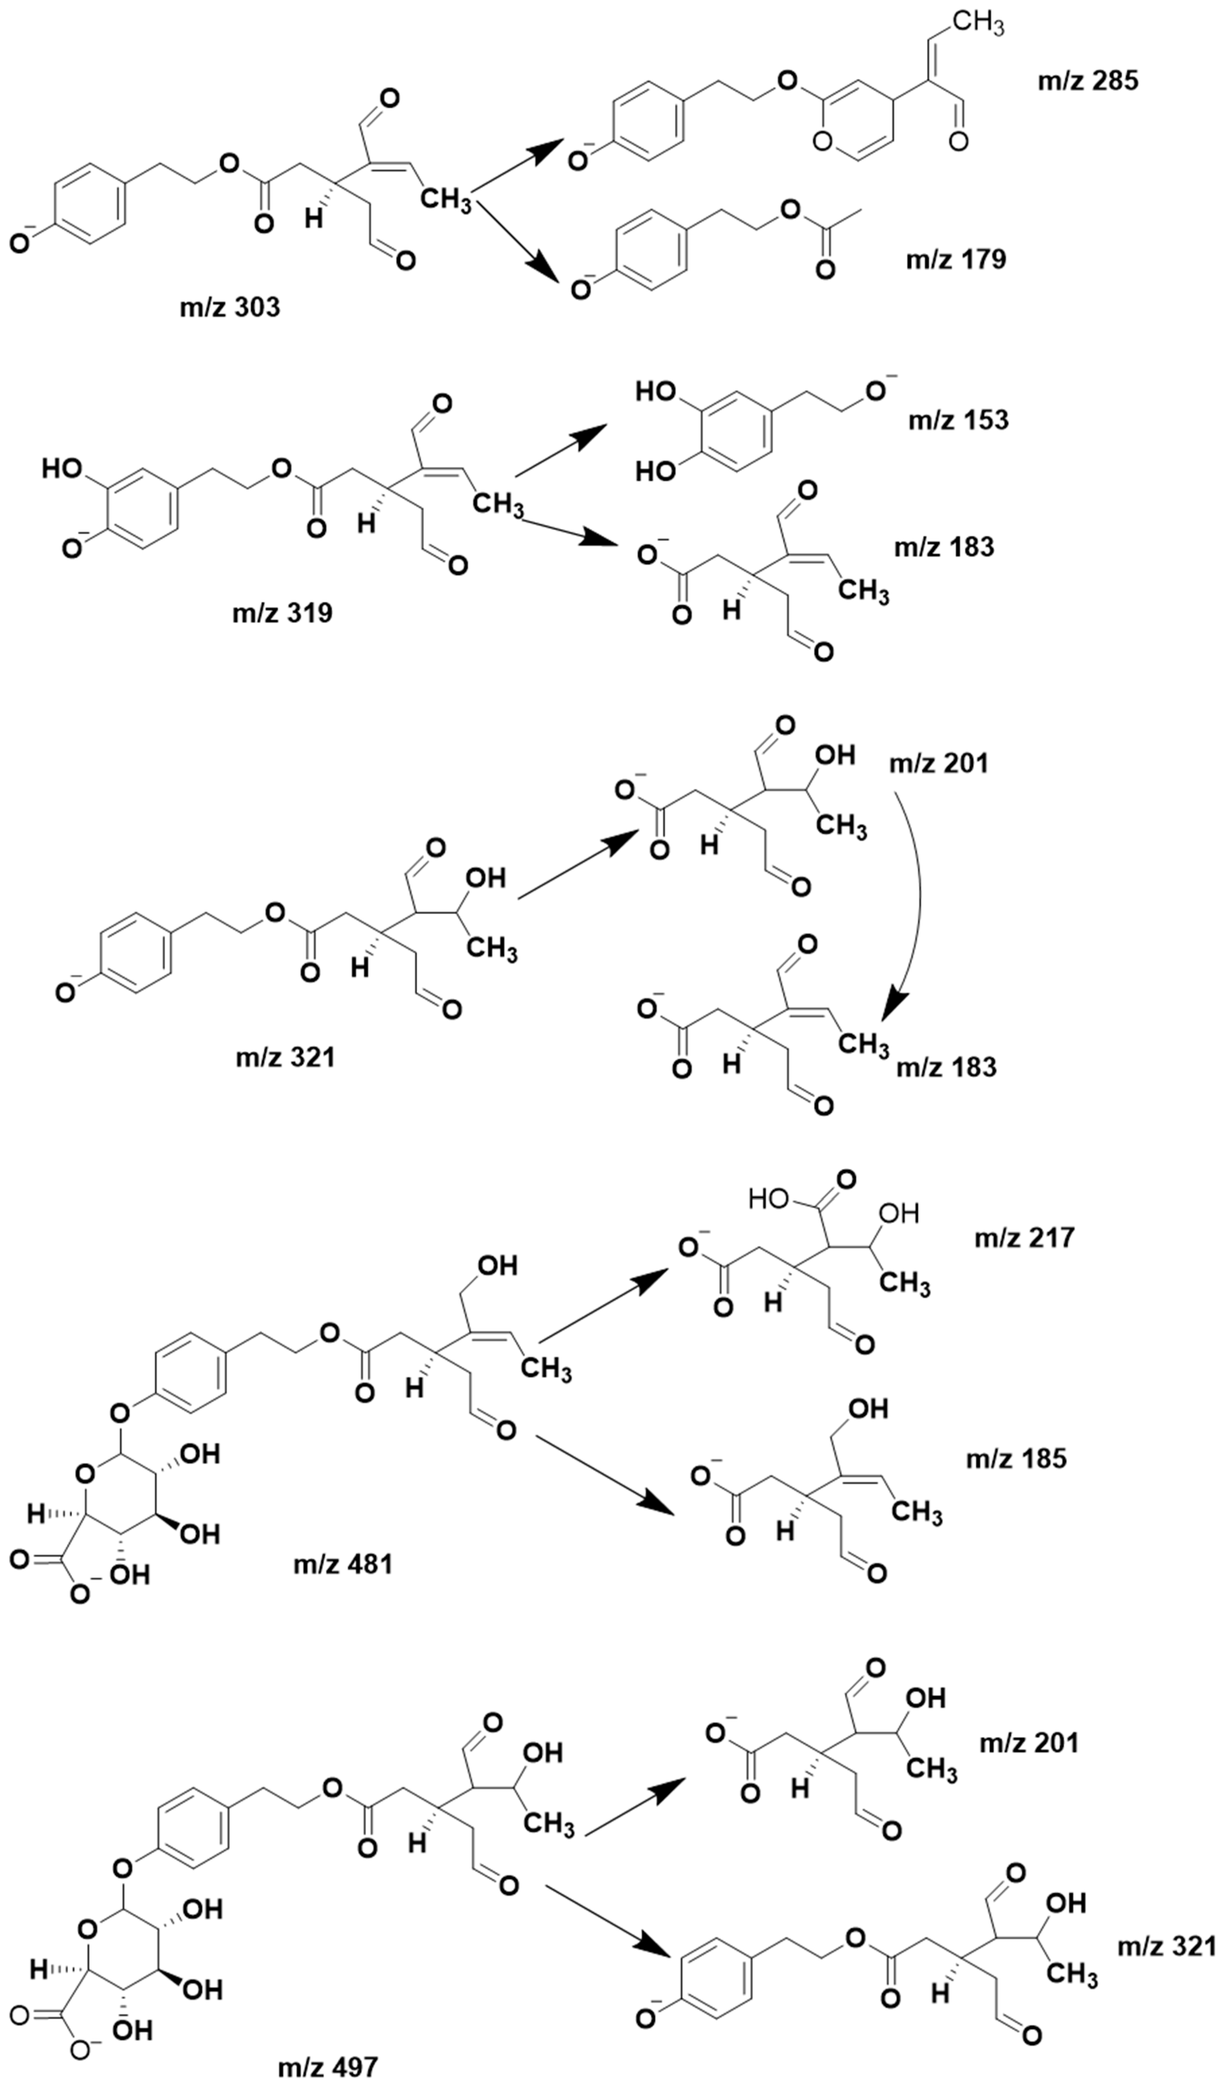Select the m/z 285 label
pos(1088,81)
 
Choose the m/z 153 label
pos(959,420)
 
